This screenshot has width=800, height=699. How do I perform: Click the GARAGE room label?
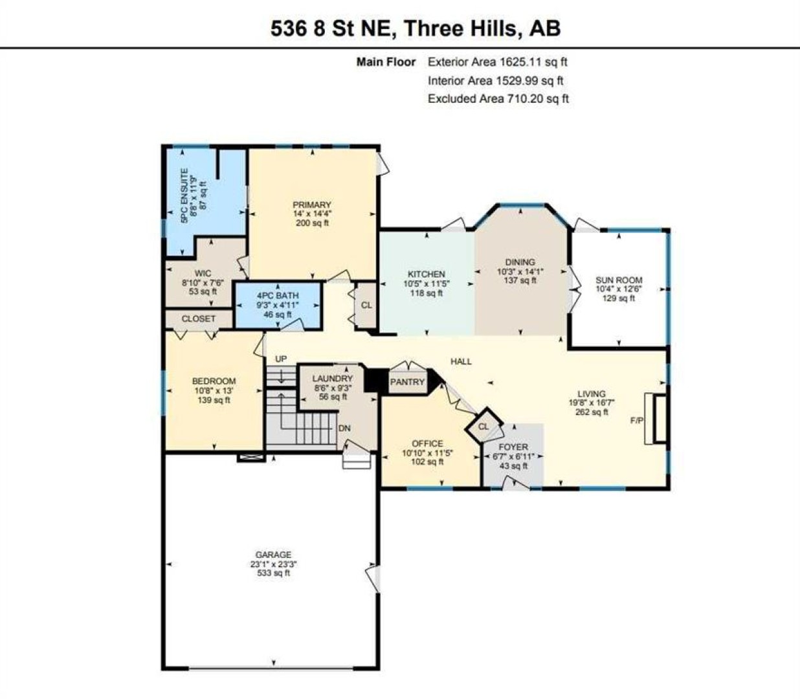(x=273, y=555)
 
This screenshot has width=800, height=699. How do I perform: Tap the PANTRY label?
(x=407, y=382)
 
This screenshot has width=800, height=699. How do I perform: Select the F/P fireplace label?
(x=637, y=421)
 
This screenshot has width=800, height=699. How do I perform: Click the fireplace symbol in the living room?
(x=655, y=418)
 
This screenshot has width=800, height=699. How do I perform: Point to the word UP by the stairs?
(x=281, y=359)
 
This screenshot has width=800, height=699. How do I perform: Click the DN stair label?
(x=344, y=428)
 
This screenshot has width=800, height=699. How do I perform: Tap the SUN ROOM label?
(x=619, y=280)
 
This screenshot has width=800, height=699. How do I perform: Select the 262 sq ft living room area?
(x=592, y=412)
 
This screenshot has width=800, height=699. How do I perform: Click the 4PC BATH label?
(x=278, y=296)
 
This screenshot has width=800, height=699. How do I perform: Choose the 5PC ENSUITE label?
(x=184, y=196)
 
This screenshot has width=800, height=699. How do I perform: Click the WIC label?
(x=203, y=274)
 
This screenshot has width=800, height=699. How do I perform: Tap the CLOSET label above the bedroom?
(x=198, y=319)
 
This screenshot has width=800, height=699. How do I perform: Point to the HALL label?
(x=461, y=362)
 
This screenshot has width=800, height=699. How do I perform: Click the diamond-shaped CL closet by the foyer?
(x=483, y=426)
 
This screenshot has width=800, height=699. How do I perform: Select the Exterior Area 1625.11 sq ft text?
(x=497, y=61)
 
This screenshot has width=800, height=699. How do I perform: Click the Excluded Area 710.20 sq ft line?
(x=498, y=98)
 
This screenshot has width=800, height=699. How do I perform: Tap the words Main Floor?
(x=386, y=61)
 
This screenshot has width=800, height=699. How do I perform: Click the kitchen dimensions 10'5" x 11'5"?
(x=427, y=283)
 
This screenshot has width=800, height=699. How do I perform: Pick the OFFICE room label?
(x=427, y=444)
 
